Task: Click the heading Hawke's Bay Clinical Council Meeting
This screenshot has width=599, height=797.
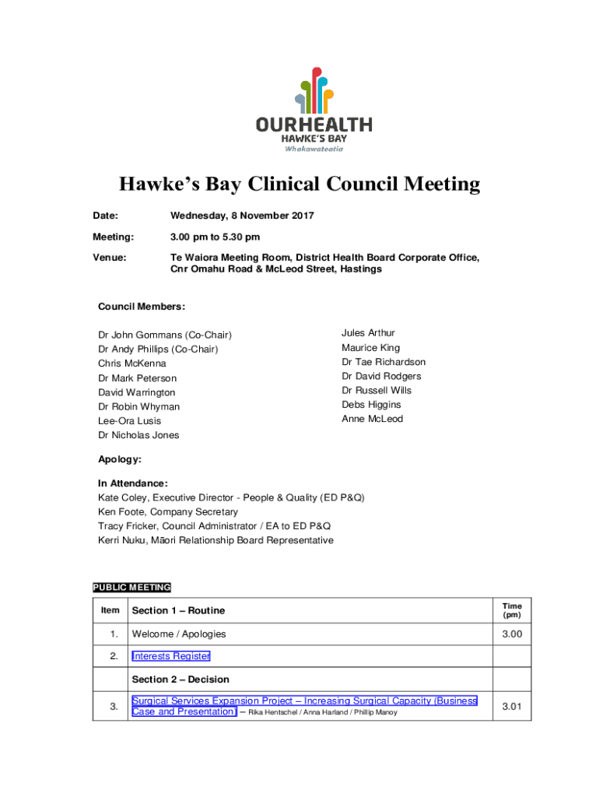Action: [299, 184]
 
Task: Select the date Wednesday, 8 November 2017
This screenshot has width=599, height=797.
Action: [242, 216]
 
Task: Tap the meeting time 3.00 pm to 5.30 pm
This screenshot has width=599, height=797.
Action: [215, 237]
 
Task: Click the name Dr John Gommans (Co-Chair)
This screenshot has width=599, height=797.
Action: [165, 335]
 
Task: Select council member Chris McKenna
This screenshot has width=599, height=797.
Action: [131, 363]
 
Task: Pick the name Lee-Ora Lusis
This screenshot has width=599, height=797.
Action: [129, 421]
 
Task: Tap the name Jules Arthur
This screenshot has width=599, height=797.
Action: [368, 333]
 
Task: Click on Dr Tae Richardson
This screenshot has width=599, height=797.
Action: [384, 362]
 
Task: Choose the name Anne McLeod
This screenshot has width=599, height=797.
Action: [372, 419]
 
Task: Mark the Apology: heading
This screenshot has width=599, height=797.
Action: [119, 460]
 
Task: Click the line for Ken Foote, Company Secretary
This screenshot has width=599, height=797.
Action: [168, 512]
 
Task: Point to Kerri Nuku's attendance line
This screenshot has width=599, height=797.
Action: [215, 540]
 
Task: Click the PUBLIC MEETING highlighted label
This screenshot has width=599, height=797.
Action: [131, 588]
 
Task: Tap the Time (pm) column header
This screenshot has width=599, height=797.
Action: [512, 610]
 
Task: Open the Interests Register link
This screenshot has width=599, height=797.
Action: [171, 656]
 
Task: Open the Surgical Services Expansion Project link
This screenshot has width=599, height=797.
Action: [303, 701]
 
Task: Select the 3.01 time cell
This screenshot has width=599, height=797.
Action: [511, 707]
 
